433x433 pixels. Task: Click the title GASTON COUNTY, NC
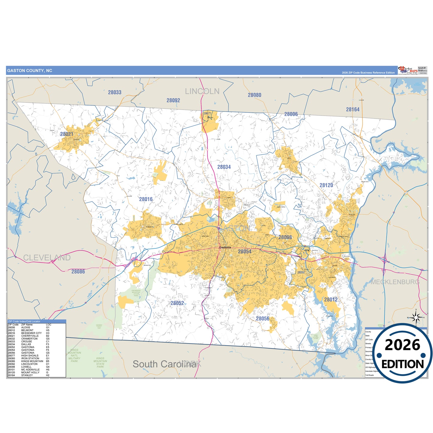pyautogui.click(x=30, y=71)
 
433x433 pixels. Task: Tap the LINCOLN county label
pyautogui.click(x=202, y=91)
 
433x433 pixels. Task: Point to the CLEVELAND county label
pyautogui.click(x=47, y=258)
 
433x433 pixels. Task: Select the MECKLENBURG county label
pyautogui.click(x=395, y=282)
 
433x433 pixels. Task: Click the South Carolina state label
pyautogui.click(x=165, y=364)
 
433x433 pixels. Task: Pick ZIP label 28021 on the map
pyautogui.click(x=67, y=134)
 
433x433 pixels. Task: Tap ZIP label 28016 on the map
pyautogui.click(x=146, y=199)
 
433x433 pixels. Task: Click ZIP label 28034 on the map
pyautogui.click(x=224, y=167)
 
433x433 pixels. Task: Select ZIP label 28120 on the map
pyautogui.click(x=326, y=185)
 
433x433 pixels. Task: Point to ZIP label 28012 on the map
pyautogui.click(x=331, y=299)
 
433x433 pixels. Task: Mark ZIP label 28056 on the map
pyautogui.click(x=262, y=319)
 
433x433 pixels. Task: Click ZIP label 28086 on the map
pyautogui.click(x=78, y=271)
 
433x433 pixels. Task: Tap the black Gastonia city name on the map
pyautogui.click(x=225, y=248)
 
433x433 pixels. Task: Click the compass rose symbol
pyautogui.click(x=416, y=317)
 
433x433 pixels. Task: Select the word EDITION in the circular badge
pyautogui.click(x=402, y=364)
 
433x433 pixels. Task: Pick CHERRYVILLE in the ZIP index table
pyautogui.click(x=30, y=336)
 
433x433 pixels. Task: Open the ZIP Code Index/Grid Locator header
pyautogui.click(x=24, y=322)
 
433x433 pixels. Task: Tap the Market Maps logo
pyautogui.click(x=408, y=70)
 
